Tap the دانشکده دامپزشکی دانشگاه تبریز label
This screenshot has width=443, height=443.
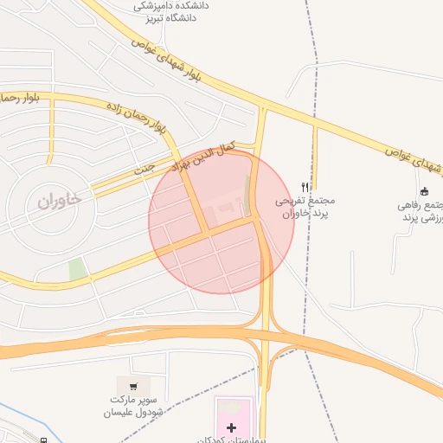(171, 10)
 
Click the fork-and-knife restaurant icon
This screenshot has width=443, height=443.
(305, 186)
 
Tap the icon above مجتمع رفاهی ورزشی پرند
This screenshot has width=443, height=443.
(424, 191)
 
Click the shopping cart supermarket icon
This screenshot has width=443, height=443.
(132, 386)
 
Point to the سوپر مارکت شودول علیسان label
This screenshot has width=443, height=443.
(132, 407)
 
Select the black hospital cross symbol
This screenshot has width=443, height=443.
(231, 427)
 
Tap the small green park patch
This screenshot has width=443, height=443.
(77, 268)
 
